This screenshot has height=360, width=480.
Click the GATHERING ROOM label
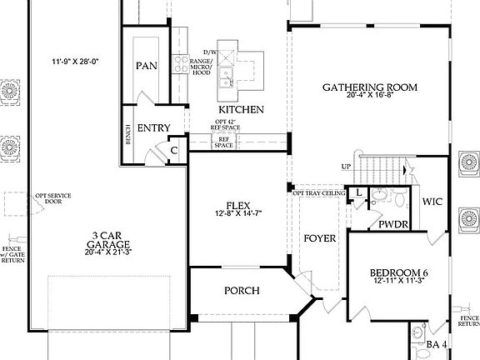point(370,87)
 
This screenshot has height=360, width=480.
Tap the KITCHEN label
point(242,110)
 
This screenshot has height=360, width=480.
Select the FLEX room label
point(238,205)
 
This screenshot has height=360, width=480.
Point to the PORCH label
point(242,291)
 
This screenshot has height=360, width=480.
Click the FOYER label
point(319,239)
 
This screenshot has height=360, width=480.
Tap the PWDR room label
point(391,225)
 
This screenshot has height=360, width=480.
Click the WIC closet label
point(432,202)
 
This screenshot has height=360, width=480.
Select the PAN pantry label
point(147,66)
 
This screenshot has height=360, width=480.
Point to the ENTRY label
point(154,128)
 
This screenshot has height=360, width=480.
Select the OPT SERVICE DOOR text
point(52,199)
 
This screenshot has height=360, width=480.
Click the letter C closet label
point(174,151)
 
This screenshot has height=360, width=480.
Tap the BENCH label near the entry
point(127,136)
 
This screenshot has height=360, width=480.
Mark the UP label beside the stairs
point(346,167)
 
